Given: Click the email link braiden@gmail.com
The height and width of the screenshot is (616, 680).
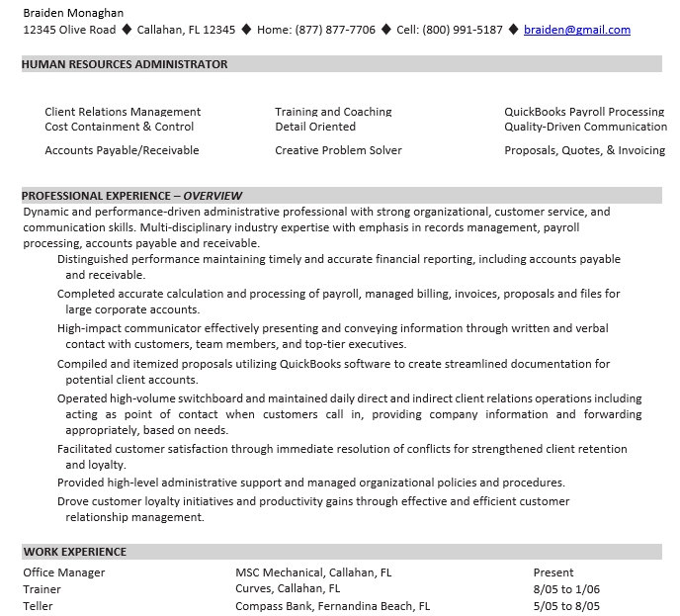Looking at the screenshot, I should tap(576, 30).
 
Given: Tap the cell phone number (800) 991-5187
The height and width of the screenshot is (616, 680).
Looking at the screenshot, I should tap(464, 30).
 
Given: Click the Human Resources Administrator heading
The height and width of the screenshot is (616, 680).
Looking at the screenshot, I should tap(125, 64).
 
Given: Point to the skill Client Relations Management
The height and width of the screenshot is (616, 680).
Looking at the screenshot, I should tap(123, 112).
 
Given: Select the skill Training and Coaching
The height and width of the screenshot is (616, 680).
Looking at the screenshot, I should tap(333, 112).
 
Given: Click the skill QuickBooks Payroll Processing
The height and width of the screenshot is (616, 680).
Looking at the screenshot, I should tap(583, 112).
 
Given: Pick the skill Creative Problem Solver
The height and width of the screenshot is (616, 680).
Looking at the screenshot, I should tap(338, 150).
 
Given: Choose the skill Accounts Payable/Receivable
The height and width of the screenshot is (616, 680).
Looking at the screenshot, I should tap(122, 150).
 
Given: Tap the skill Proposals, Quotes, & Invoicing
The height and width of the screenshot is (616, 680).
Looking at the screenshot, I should tap(584, 150).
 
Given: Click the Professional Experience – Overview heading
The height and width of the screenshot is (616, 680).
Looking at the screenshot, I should tap(132, 196).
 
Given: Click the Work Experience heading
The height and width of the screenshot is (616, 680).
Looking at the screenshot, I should tap(75, 552).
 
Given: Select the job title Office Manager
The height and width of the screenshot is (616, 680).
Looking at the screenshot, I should tap(64, 572).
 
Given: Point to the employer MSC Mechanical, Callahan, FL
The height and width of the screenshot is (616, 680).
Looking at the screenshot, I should tap(313, 572).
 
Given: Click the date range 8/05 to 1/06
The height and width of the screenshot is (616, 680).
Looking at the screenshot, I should tap(566, 589).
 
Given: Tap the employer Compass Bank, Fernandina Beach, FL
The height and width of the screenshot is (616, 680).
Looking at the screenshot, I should tap(332, 606).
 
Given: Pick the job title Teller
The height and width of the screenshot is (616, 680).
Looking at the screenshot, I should tap(39, 606).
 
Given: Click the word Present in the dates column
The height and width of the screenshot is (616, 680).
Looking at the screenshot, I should tap(553, 572).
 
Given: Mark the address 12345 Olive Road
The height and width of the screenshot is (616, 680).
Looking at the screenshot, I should tap(69, 30).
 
